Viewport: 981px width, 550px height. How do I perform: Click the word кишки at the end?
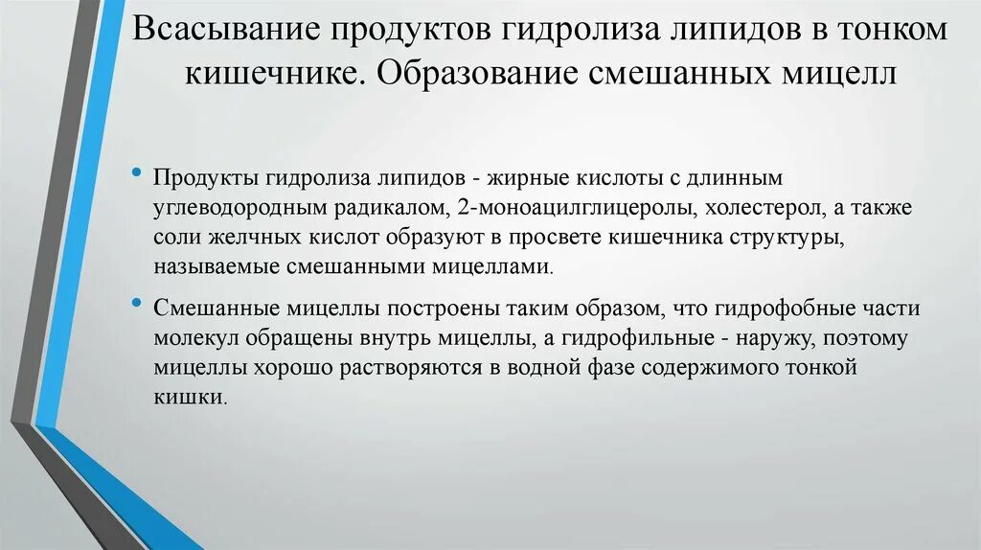coord(188,398)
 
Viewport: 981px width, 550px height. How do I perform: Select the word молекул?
coord(194,339)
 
